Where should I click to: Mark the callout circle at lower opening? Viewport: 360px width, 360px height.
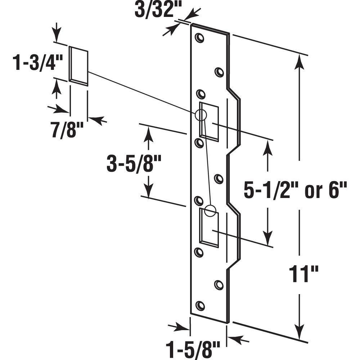[211, 211]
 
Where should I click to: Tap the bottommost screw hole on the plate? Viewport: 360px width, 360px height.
[200, 306]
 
